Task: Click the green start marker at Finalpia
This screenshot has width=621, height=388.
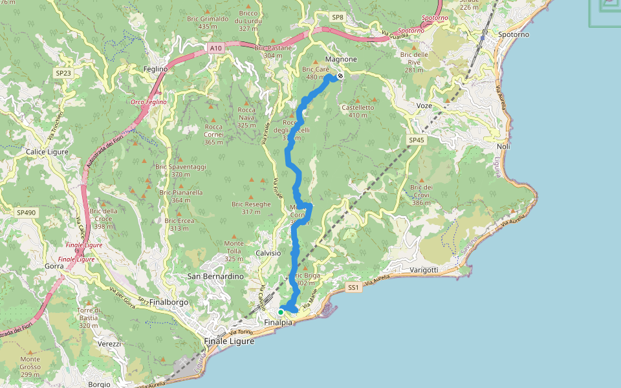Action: coord(281,312)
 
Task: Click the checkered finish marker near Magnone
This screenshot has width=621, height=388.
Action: coord(340,76)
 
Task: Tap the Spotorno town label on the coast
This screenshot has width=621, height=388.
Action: coord(514,34)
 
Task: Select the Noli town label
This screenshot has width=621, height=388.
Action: coord(503,147)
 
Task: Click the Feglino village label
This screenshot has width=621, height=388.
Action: coord(156,69)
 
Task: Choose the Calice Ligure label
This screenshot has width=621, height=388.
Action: coord(48,151)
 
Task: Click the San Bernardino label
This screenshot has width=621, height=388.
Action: coord(215,276)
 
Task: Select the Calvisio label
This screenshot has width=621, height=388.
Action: coord(268,253)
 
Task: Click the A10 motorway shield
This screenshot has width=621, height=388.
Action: coord(216,48)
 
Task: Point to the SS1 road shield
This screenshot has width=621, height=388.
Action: coord(353,286)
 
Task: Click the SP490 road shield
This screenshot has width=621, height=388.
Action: coord(27,212)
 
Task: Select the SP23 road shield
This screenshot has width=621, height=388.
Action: coord(63,73)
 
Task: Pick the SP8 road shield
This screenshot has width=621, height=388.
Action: coord(337,17)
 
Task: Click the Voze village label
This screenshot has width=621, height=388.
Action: coord(424,105)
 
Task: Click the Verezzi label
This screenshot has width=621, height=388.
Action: coord(109,343)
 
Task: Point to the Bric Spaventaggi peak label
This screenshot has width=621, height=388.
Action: coord(180,166)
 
